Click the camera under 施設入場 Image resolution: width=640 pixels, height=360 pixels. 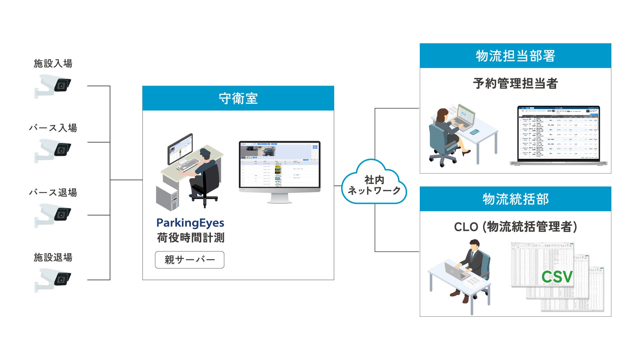53,86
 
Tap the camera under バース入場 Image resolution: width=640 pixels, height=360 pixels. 53,150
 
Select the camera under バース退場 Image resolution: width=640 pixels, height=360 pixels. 53,215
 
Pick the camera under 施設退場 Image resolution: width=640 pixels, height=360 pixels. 53,279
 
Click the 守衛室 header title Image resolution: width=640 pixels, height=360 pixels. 238,99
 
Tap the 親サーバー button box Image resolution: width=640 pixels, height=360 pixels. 190,260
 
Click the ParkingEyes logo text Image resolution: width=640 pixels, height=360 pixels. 190,223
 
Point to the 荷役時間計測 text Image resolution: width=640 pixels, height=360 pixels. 191,238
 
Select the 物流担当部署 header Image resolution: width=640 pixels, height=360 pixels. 515,56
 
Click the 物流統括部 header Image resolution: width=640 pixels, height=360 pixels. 515,199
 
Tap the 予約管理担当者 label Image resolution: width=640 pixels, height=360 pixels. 515,84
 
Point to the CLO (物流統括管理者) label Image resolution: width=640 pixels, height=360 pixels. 515,227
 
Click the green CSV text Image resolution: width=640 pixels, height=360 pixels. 557,277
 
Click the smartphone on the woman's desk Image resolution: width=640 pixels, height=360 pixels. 474,132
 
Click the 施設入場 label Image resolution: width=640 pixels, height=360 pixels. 53,63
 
